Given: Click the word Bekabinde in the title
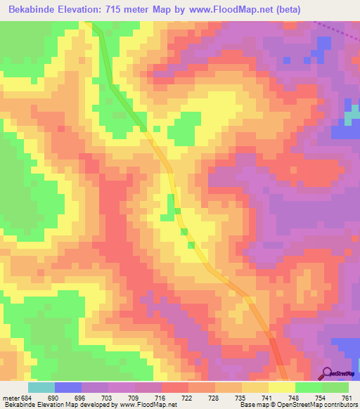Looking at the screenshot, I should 32,8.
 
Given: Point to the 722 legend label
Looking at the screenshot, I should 188,398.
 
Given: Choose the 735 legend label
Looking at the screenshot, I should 242,398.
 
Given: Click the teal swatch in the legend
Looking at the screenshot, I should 41,387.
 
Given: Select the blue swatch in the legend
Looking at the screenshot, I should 67,387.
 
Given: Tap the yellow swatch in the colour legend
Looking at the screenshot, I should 282,387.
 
